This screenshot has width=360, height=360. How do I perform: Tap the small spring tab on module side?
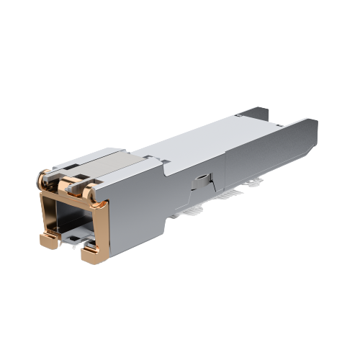[201, 181]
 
